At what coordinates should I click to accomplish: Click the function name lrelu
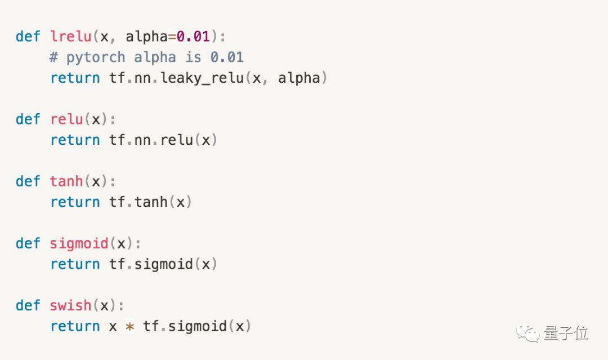coord(71,37)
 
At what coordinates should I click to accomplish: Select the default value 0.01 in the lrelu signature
coord(193,37)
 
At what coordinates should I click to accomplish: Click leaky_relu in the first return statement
coord(202,78)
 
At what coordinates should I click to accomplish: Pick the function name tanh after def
coord(66,181)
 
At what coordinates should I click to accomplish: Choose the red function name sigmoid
coord(79,243)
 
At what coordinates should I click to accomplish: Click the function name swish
coord(70,305)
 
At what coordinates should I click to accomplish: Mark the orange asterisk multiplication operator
coord(129,327)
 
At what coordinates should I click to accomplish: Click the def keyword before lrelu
coord(28,37)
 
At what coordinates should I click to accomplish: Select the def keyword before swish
coord(28,305)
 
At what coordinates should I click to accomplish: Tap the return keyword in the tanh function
coord(75,202)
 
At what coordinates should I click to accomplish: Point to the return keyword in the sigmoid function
coord(75,264)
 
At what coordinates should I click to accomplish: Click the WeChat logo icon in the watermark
coord(527,332)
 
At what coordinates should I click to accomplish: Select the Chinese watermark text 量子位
coord(566,333)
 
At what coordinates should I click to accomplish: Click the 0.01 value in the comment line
coord(227,57)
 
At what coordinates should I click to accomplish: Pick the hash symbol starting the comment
coord(54,57)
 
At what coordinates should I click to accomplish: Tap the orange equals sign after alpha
coord(172,37)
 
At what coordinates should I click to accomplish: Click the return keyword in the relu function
coord(75,140)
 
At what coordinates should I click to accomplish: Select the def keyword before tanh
coord(28,181)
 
